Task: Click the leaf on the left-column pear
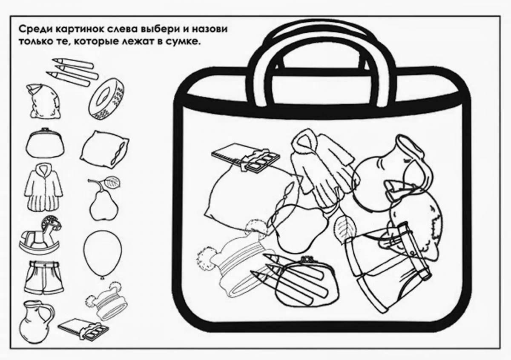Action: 112,182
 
